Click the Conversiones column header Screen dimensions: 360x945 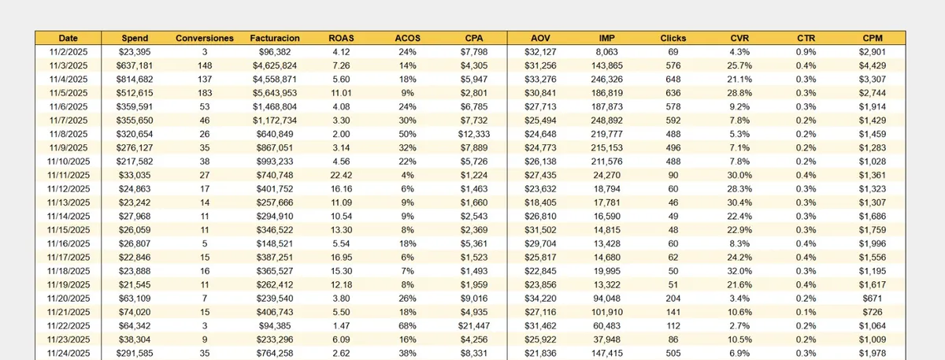(205, 38)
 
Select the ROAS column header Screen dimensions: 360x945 (341, 38)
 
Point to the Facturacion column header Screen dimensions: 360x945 (274, 38)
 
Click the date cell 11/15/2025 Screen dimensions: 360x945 (69, 229)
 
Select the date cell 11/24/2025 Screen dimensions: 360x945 (69, 353)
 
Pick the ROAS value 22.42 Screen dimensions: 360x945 (341, 174)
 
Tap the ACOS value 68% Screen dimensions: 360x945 (407, 325)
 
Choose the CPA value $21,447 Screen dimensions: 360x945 (474, 325)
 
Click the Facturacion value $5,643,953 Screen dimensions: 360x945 (274, 92)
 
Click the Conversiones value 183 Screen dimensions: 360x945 (205, 92)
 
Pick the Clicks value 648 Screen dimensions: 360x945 (673, 79)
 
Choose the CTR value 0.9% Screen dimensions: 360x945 (806, 51)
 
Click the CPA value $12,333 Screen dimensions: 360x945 (474, 133)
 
